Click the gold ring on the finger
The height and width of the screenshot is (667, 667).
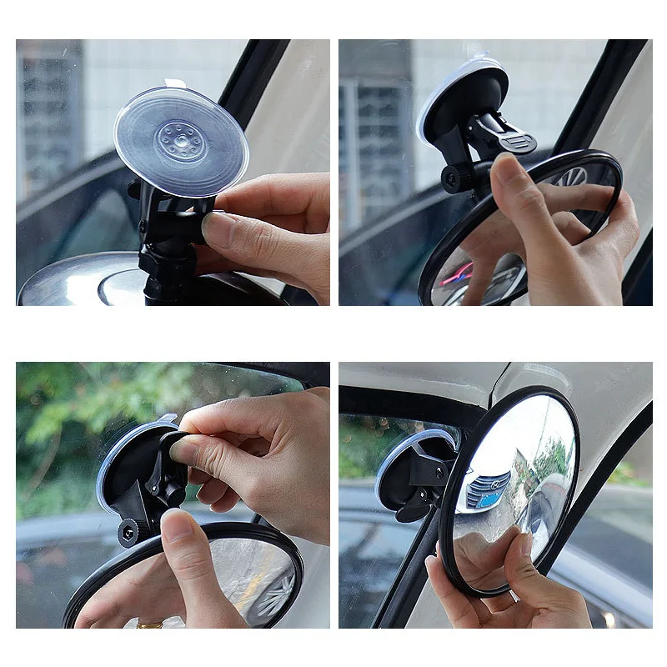tap(150, 623)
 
